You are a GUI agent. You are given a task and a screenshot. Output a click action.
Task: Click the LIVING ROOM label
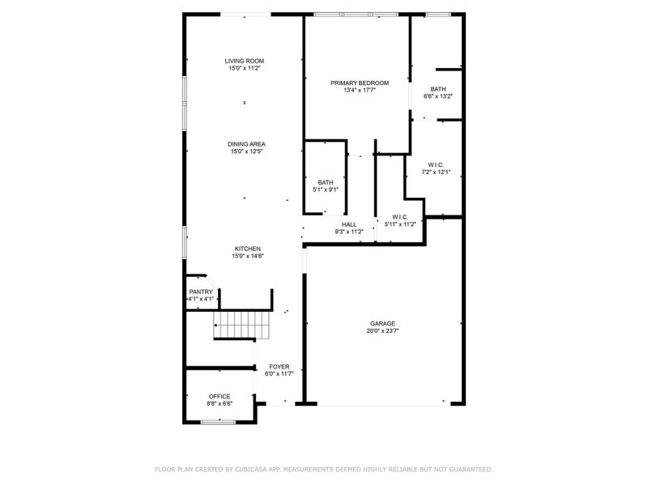(245, 61)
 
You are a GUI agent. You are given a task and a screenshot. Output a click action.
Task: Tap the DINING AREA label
(246, 144)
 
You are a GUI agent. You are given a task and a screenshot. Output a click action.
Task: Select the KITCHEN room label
(248, 249)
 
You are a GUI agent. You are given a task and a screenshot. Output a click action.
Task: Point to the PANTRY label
(201, 292)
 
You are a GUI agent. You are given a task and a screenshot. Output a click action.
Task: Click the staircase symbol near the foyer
(241, 326)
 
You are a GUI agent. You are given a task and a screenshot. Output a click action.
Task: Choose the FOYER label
(279, 367)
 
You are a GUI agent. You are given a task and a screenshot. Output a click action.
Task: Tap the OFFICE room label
(220, 396)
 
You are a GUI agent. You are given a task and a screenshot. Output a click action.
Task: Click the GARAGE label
(383, 323)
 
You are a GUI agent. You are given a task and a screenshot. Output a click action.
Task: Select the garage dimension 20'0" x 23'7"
(383, 330)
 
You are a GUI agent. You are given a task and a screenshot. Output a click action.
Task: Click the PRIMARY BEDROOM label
(360, 83)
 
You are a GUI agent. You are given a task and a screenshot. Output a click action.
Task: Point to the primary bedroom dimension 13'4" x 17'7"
(360, 90)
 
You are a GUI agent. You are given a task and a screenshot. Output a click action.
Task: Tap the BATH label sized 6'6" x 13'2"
(437, 89)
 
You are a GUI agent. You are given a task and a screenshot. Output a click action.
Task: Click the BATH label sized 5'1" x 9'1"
(326, 182)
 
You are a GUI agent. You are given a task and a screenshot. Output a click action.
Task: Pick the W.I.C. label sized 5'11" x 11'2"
(399, 216)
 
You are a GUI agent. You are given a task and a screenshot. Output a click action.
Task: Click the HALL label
(349, 224)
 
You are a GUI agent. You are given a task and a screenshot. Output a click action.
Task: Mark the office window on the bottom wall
(218, 421)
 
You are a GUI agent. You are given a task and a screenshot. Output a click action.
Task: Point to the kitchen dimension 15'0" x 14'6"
(248, 256)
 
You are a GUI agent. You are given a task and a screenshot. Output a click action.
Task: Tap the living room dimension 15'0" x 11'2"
(245, 68)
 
